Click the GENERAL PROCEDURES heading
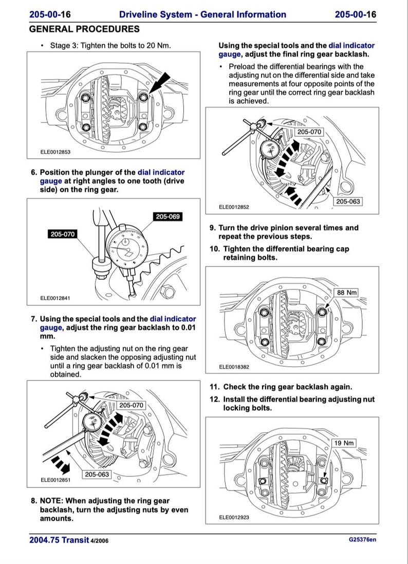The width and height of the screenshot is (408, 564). pos(84,29)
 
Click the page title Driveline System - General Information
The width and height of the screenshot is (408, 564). pos(202,14)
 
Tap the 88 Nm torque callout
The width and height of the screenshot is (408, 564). pos(346,293)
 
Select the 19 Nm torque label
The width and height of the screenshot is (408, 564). pos(344,443)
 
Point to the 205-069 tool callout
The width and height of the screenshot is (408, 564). pos(168,217)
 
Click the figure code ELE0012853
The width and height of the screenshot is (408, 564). pos(55,152)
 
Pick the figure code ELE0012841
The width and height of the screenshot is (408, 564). pos(55,297)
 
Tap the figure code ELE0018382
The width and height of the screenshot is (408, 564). pos(234,367)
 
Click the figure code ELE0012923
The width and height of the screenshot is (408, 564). pos(234,517)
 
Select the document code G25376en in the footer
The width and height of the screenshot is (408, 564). pos(362,540)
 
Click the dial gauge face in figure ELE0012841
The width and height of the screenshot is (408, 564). pos(126,247)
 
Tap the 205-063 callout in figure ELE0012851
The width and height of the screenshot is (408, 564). pos(97,474)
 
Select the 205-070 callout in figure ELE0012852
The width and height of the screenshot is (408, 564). pos(309,132)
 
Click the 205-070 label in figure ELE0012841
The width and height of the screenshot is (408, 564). pos(62,234)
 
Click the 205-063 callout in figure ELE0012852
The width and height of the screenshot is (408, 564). pos(348,201)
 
